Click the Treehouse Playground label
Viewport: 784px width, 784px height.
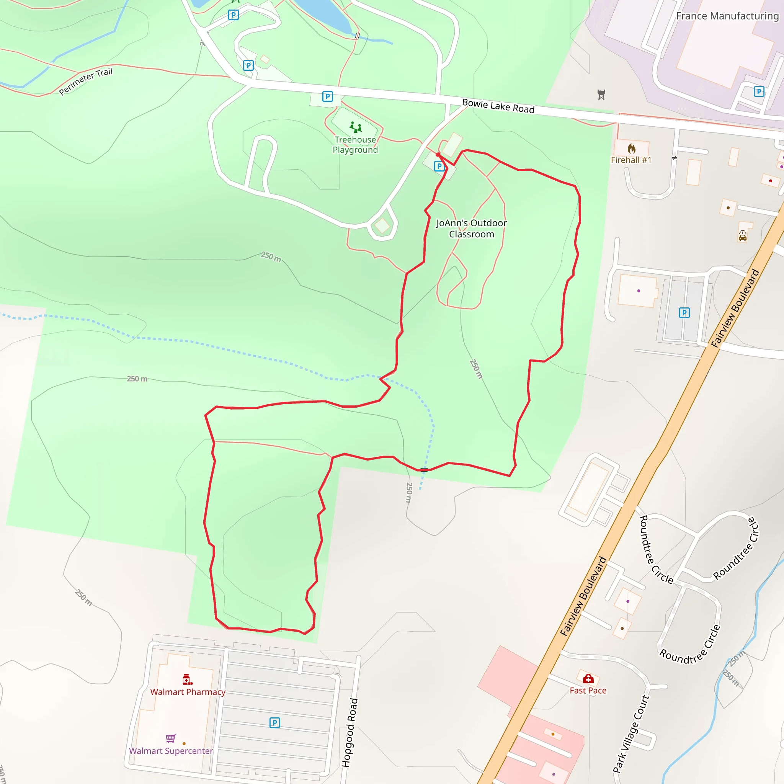click(355, 145)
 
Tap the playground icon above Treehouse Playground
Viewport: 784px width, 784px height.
click(356, 127)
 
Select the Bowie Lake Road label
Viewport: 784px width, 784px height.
click(498, 106)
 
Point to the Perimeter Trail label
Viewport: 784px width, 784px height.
click(86, 81)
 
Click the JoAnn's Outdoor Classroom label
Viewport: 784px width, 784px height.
click(471, 229)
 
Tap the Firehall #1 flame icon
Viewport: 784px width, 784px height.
click(631, 149)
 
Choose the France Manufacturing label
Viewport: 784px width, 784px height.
click(727, 16)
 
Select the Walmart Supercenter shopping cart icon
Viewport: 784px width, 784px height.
click(171, 738)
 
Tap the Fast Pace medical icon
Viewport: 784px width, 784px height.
click(588, 679)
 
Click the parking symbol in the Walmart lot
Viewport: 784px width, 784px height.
click(275, 723)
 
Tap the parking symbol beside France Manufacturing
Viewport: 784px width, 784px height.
click(758, 92)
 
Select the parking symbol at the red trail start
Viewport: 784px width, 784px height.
click(439, 166)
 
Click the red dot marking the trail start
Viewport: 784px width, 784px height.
click(438, 155)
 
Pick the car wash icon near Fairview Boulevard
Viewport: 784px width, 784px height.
click(742, 236)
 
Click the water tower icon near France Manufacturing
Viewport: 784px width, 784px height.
click(601, 95)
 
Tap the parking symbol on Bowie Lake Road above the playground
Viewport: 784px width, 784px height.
click(327, 96)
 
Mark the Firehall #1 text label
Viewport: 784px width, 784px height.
click(631, 160)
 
